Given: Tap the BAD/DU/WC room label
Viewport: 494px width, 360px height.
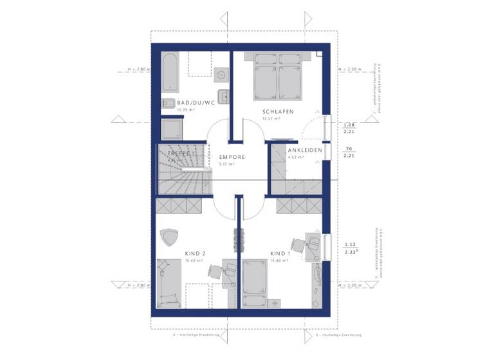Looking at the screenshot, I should [x=187, y=103].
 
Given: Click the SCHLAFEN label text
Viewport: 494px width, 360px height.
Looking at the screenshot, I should [x=278, y=112].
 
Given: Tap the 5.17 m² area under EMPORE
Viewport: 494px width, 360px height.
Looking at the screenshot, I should [x=226, y=165].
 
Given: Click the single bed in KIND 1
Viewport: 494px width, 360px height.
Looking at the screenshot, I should [x=261, y=283].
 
